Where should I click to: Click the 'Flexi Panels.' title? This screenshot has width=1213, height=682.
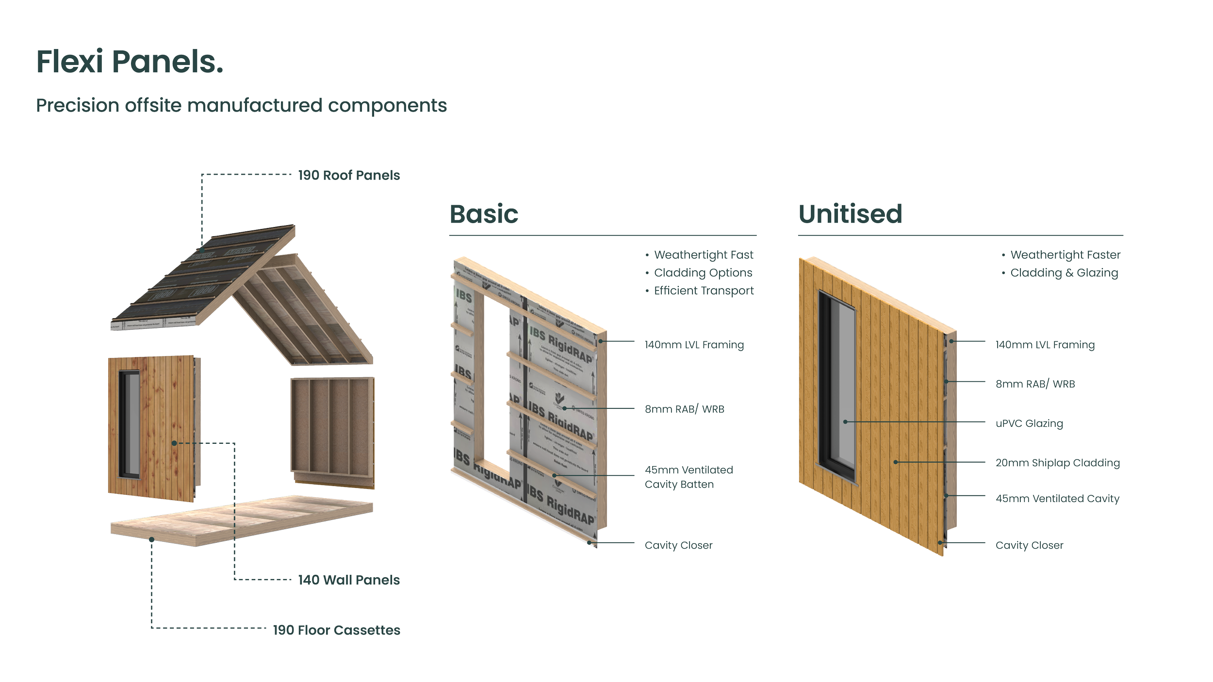[x=130, y=62]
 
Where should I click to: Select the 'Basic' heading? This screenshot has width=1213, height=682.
[x=484, y=214]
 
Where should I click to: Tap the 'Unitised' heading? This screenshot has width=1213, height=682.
[x=850, y=214]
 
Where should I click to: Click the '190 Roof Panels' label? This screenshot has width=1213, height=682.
[x=349, y=175]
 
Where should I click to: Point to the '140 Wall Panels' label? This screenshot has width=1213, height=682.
[x=349, y=580]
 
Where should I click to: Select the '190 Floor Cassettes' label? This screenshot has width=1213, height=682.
[x=337, y=630]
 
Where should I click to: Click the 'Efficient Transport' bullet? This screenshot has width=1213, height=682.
[x=704, y=291]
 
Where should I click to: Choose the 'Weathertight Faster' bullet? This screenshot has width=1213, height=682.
[x=1065, y=255]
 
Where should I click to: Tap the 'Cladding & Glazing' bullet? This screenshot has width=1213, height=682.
[x=1064, y=273]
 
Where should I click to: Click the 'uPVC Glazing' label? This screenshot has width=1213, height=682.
[x=1029, y=423]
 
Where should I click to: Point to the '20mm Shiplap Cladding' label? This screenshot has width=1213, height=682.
[x=1057, y=463]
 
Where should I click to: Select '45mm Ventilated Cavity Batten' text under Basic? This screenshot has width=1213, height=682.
[x=688, y=477]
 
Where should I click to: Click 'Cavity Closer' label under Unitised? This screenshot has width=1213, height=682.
[x=1029, y=545]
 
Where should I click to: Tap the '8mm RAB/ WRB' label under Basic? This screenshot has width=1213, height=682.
[x=684, y=409]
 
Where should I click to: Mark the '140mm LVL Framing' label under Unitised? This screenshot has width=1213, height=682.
[x=1045, y=345]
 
